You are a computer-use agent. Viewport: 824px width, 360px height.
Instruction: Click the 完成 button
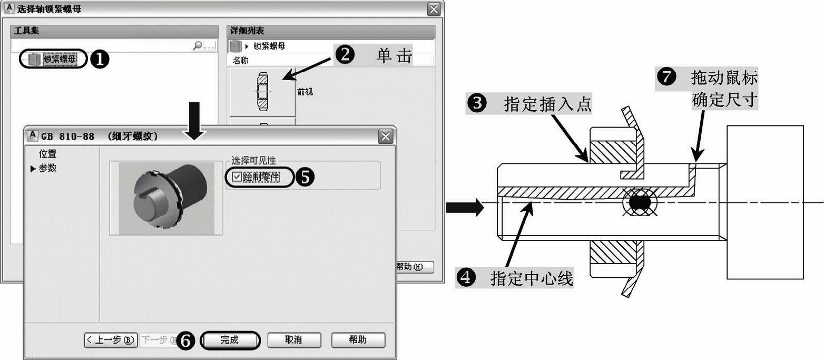230,340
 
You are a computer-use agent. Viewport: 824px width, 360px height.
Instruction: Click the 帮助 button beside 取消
358,340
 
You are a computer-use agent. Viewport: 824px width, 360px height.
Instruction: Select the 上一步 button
111,340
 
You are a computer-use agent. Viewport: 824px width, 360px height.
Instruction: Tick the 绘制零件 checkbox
237,178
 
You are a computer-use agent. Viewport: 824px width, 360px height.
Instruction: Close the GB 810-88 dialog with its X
386,137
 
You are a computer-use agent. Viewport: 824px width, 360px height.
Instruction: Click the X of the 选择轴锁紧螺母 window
434,9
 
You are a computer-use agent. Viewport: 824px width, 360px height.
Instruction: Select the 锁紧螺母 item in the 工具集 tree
58,59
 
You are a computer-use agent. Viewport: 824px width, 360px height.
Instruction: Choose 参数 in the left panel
47,168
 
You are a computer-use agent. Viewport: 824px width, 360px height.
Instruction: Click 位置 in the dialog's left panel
47,154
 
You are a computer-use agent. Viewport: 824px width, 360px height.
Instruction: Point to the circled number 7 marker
666,78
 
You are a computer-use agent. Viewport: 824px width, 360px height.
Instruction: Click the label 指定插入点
547,104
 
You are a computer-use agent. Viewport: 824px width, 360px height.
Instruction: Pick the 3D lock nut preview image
166,198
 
